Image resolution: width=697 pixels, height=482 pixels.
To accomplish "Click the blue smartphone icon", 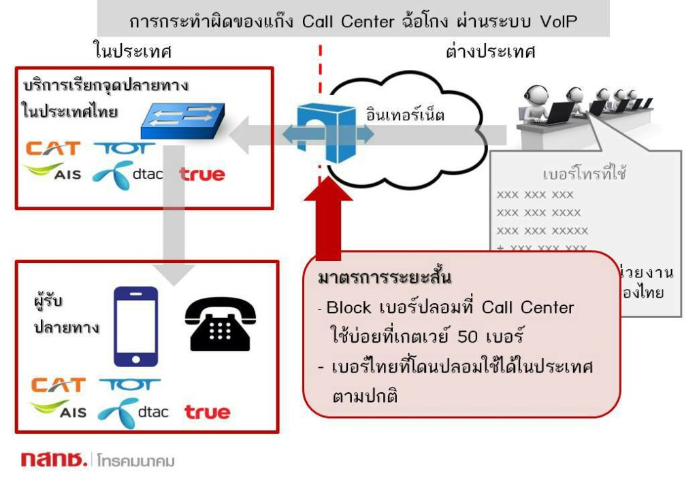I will coord(135,326).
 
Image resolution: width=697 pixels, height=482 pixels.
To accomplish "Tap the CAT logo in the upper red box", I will coord(52,148).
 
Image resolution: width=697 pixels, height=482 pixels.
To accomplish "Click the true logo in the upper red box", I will coord(202,175).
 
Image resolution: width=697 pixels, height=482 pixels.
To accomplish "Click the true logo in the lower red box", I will coord(207,412).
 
